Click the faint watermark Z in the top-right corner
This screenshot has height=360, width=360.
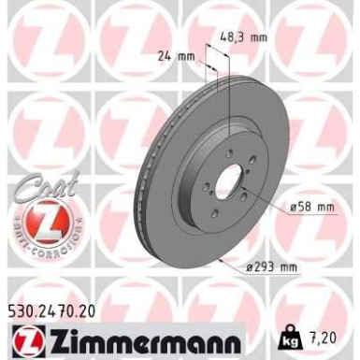(x=324, y=37)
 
